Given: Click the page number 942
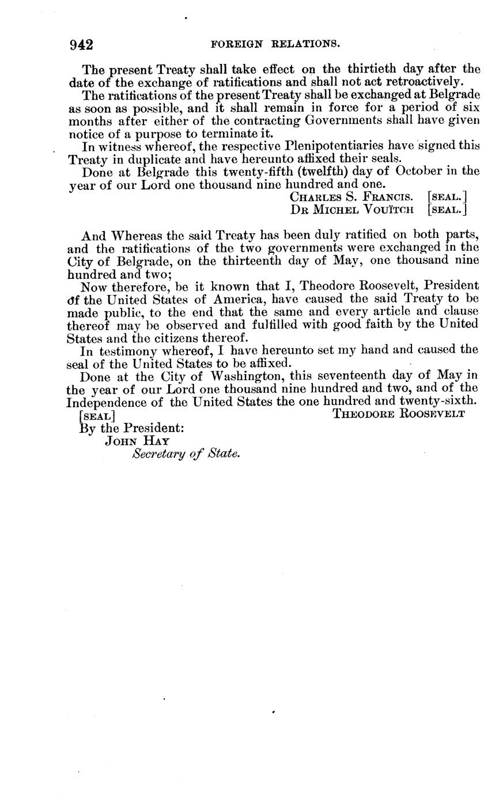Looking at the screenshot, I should pos(81,44).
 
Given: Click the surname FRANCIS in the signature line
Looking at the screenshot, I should pos(388,196).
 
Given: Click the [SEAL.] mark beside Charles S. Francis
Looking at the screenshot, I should pos(447,196).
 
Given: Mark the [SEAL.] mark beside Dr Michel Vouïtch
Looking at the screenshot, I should pos(447,209).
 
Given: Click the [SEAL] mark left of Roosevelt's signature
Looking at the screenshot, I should pos(96,415).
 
